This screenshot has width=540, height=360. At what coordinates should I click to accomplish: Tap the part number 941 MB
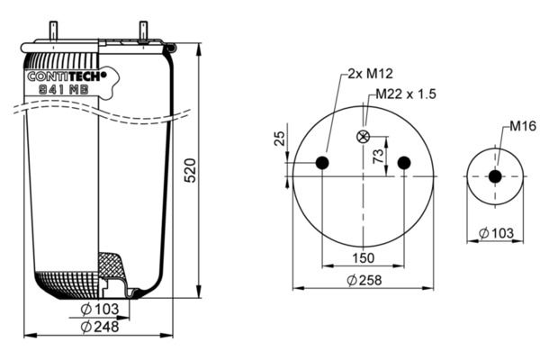[x=64, y=90]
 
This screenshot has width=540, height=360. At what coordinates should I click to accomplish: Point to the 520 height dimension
[x=190, y=170]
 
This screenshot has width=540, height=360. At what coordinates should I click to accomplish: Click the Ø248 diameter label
[x=100, y=327]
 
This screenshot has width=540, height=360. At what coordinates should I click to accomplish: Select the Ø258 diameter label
[x=364, y=281]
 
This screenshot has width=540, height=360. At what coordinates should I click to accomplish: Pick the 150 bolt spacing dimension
[x=363, y=257]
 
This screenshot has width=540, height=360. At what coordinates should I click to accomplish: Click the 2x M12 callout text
[x=370, y=74]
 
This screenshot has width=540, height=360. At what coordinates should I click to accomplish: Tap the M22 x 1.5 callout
[x=406, y=94]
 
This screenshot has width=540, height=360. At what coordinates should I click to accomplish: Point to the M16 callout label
[x=523, y=126]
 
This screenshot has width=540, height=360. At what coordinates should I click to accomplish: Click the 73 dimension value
[x=378, y=156]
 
